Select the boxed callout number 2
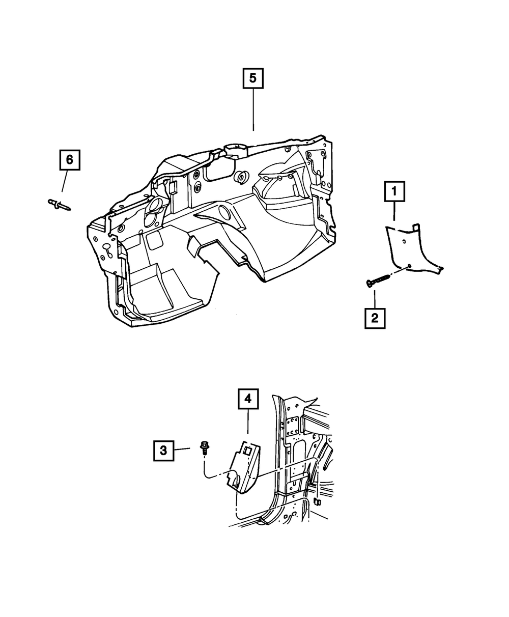375,319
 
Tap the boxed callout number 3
163,450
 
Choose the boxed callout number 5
253,79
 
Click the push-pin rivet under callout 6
59,204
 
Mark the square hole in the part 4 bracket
246,451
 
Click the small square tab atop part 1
415,225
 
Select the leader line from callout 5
253,111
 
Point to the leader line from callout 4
248,423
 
